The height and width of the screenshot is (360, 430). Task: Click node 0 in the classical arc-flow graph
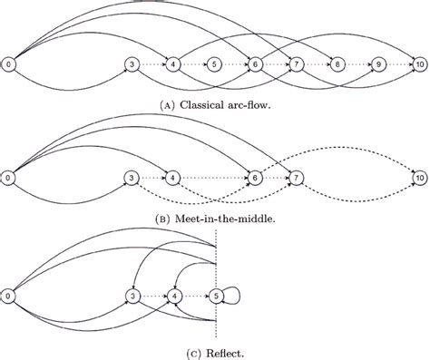pos(8,64)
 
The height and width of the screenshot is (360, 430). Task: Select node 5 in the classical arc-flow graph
pos(214,64)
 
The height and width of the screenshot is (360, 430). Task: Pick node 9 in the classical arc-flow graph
pos(379,64)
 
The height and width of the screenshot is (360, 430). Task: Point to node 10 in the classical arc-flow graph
pos(420,64)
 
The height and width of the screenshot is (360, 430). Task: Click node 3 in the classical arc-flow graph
pos(132,64)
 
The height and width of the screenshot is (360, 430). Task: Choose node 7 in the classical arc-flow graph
pos(297,64)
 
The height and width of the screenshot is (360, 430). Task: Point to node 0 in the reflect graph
pos(8,296)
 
